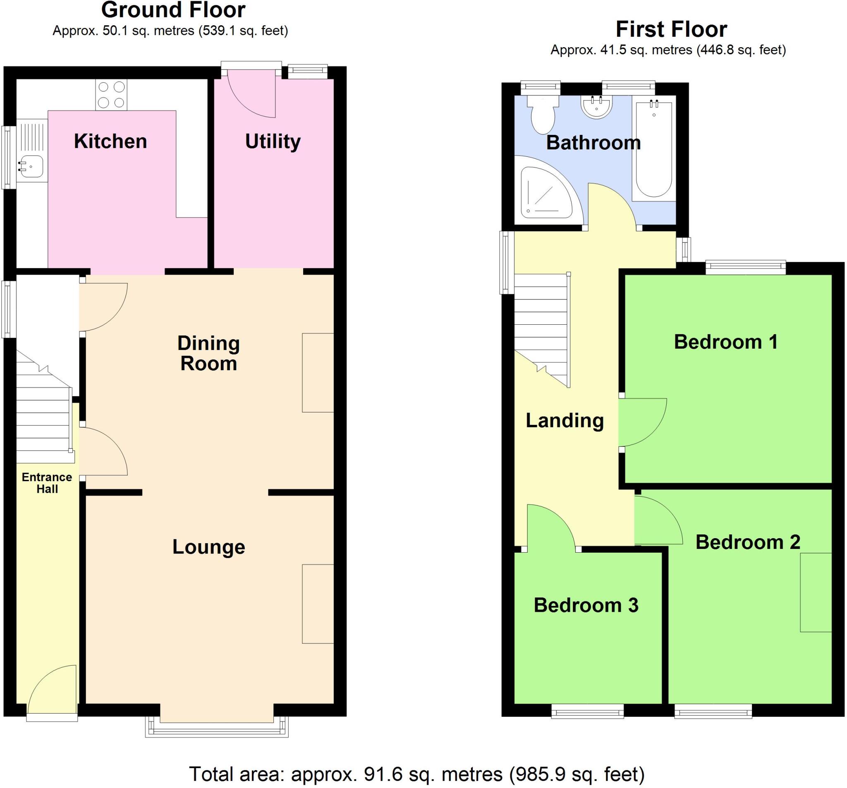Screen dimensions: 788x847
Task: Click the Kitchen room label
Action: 110,141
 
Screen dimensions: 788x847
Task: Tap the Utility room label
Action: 273,141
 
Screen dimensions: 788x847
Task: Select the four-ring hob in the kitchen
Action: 111,95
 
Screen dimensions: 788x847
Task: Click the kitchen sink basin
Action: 31,166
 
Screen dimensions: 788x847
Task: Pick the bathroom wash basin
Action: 596,107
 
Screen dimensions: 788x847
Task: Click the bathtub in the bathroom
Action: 653,149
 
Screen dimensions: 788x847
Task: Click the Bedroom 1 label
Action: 725,342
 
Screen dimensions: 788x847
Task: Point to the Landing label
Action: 565,421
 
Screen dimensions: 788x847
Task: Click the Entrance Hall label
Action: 47,483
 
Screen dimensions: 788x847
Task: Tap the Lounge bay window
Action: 217,730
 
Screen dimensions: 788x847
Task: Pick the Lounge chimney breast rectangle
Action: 318,604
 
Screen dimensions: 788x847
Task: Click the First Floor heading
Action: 671,29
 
